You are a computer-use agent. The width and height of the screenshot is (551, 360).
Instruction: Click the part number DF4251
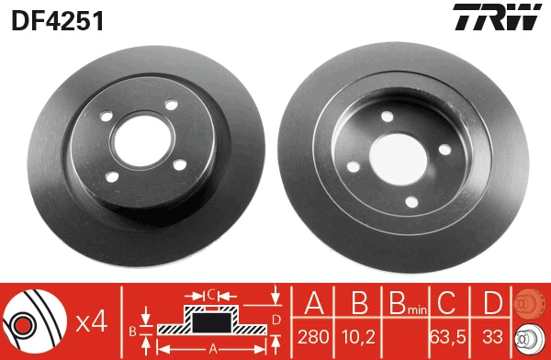pos(56,19)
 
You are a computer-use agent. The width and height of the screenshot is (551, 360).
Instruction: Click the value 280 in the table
pos(313,338)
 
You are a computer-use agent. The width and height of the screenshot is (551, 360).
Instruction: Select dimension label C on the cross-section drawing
pos(210,294)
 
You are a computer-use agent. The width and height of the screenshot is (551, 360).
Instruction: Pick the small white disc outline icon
pos(530,337)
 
